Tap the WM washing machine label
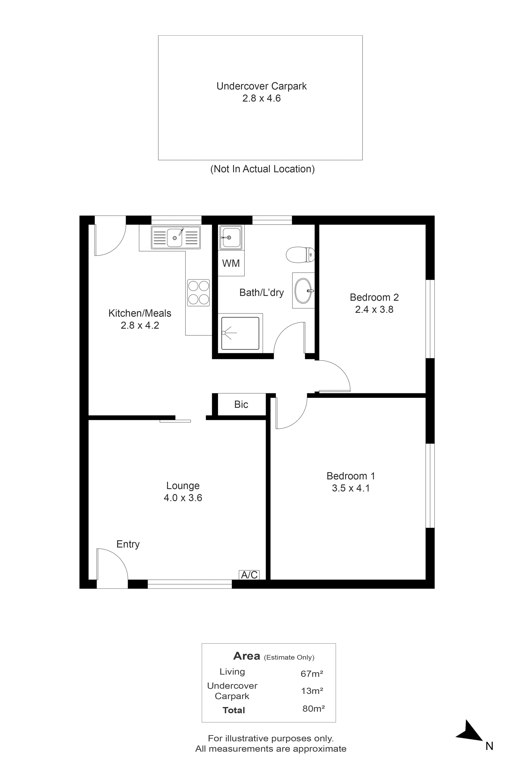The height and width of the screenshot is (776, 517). pos(231,263)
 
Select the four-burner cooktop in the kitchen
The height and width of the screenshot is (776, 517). pos(199,293)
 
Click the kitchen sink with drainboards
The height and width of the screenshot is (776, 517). pos(176,237)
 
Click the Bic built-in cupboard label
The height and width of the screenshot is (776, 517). pos(241,405)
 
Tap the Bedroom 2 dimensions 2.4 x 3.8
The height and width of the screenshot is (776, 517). pos(374,310)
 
